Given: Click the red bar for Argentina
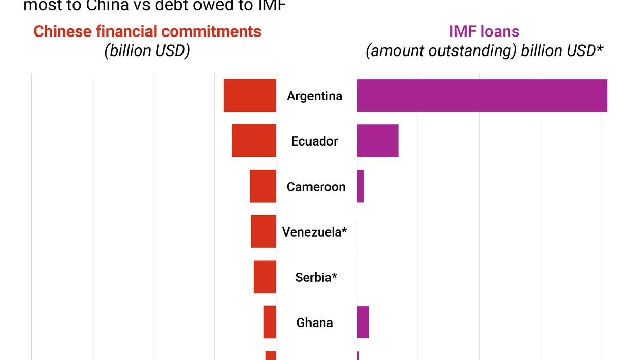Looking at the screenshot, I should point(249,96).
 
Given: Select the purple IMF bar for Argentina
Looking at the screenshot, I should point(482,96).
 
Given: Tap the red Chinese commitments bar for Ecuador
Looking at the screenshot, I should point(253,141).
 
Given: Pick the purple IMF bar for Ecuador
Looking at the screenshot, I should point(378,141).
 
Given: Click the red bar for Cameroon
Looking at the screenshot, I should point(263,186).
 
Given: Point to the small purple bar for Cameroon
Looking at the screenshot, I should point(360,186).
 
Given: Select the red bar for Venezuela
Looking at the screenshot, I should point(263,231).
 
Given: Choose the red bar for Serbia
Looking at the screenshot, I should point(265,277).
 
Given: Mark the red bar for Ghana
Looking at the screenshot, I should point(270,322).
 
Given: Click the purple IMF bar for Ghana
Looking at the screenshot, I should point(363,322).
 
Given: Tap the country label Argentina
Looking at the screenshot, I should point(315,96).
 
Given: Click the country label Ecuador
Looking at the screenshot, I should point(315,141).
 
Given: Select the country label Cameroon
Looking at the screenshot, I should point(316,187).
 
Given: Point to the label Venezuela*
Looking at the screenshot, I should point(315,232).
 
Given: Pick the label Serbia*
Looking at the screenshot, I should point(316,277).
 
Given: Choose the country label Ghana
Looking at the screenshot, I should point(315,322).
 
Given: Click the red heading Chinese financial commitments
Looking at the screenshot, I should point(148,31).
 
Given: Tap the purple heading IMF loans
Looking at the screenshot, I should point(484,31).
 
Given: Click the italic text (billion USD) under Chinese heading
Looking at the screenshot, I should point(148,51).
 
